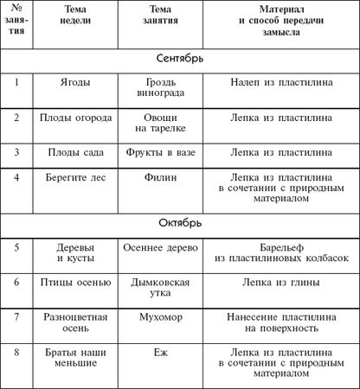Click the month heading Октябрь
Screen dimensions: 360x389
(181, 223)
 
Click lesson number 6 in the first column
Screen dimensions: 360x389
(17, 283)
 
